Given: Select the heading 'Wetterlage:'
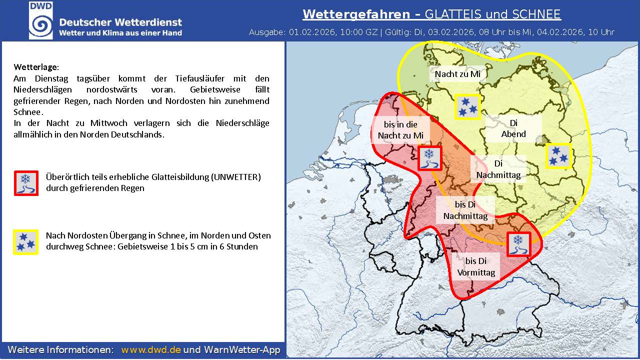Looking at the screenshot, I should [x=36, y=66].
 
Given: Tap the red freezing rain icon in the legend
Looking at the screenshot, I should [x=26, y=182].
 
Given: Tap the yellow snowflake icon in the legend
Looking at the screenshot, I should [x=26, y=242].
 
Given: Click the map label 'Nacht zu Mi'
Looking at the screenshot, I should [x=457, y=74].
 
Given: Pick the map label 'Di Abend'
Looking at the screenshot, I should [x=513, y=128].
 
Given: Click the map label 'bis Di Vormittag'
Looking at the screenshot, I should [x=475, y=266].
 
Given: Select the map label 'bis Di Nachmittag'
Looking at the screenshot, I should [x=465, y=210].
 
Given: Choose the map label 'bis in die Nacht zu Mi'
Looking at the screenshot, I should [x=400, y=129].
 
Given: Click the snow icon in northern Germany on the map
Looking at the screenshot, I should [x=468, y=106].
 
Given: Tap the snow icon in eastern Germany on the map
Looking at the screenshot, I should [x=558, y=156].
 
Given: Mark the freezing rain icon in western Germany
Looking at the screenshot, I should [x=429, y=158].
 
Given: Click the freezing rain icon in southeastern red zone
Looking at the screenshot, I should [x=519, y=244].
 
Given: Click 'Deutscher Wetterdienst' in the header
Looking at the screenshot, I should [x=120, y=22].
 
